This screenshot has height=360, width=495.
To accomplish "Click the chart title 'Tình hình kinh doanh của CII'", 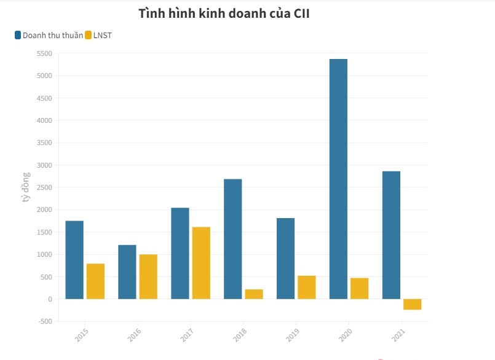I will tap(223, 14).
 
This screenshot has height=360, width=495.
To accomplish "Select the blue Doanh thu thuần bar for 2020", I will tap(338, 179).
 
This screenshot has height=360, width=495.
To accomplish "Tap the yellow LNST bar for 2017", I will tap(201, 263).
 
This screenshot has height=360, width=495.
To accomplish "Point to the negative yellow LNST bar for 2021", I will tap(412, 304).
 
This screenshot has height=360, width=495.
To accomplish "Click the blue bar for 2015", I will tap(74, 260).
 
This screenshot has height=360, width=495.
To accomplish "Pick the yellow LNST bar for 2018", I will tap(254, 294).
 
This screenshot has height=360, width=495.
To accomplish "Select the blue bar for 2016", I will tap(127, 272).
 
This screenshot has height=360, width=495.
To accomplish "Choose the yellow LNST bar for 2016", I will tap(148, 276).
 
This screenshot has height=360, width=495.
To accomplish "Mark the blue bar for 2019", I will tap(285, 259).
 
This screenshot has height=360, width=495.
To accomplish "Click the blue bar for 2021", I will tap(391, 235).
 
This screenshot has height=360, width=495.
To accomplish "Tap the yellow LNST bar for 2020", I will tap(359, 289).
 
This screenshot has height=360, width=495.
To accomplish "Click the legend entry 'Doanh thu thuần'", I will tap(52, 35).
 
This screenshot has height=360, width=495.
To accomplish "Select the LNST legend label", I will tap(102, 35).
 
